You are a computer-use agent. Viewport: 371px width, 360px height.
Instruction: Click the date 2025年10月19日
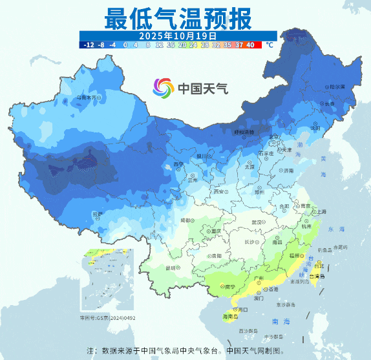point(178,35)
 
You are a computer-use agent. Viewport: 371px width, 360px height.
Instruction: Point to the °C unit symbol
point(269,45)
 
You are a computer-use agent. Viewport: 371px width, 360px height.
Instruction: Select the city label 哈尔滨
point(335,86)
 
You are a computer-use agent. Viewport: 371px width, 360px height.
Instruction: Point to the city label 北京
point(275,136)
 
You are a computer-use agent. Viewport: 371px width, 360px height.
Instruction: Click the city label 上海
point(320,211)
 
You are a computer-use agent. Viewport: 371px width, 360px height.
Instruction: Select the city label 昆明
point(171,267)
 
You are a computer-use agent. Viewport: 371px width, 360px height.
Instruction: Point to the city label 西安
point(220,191)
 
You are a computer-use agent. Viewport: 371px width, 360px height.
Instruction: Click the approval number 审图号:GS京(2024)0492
point(107,317)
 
